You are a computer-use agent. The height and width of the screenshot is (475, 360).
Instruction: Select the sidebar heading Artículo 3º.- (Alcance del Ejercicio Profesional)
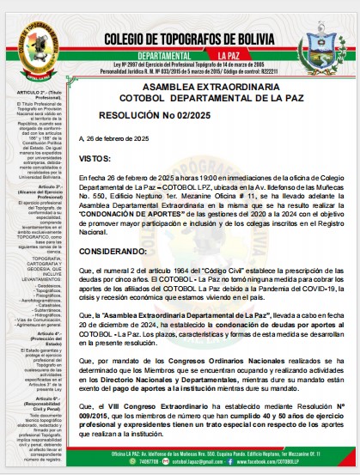(37, 191)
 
